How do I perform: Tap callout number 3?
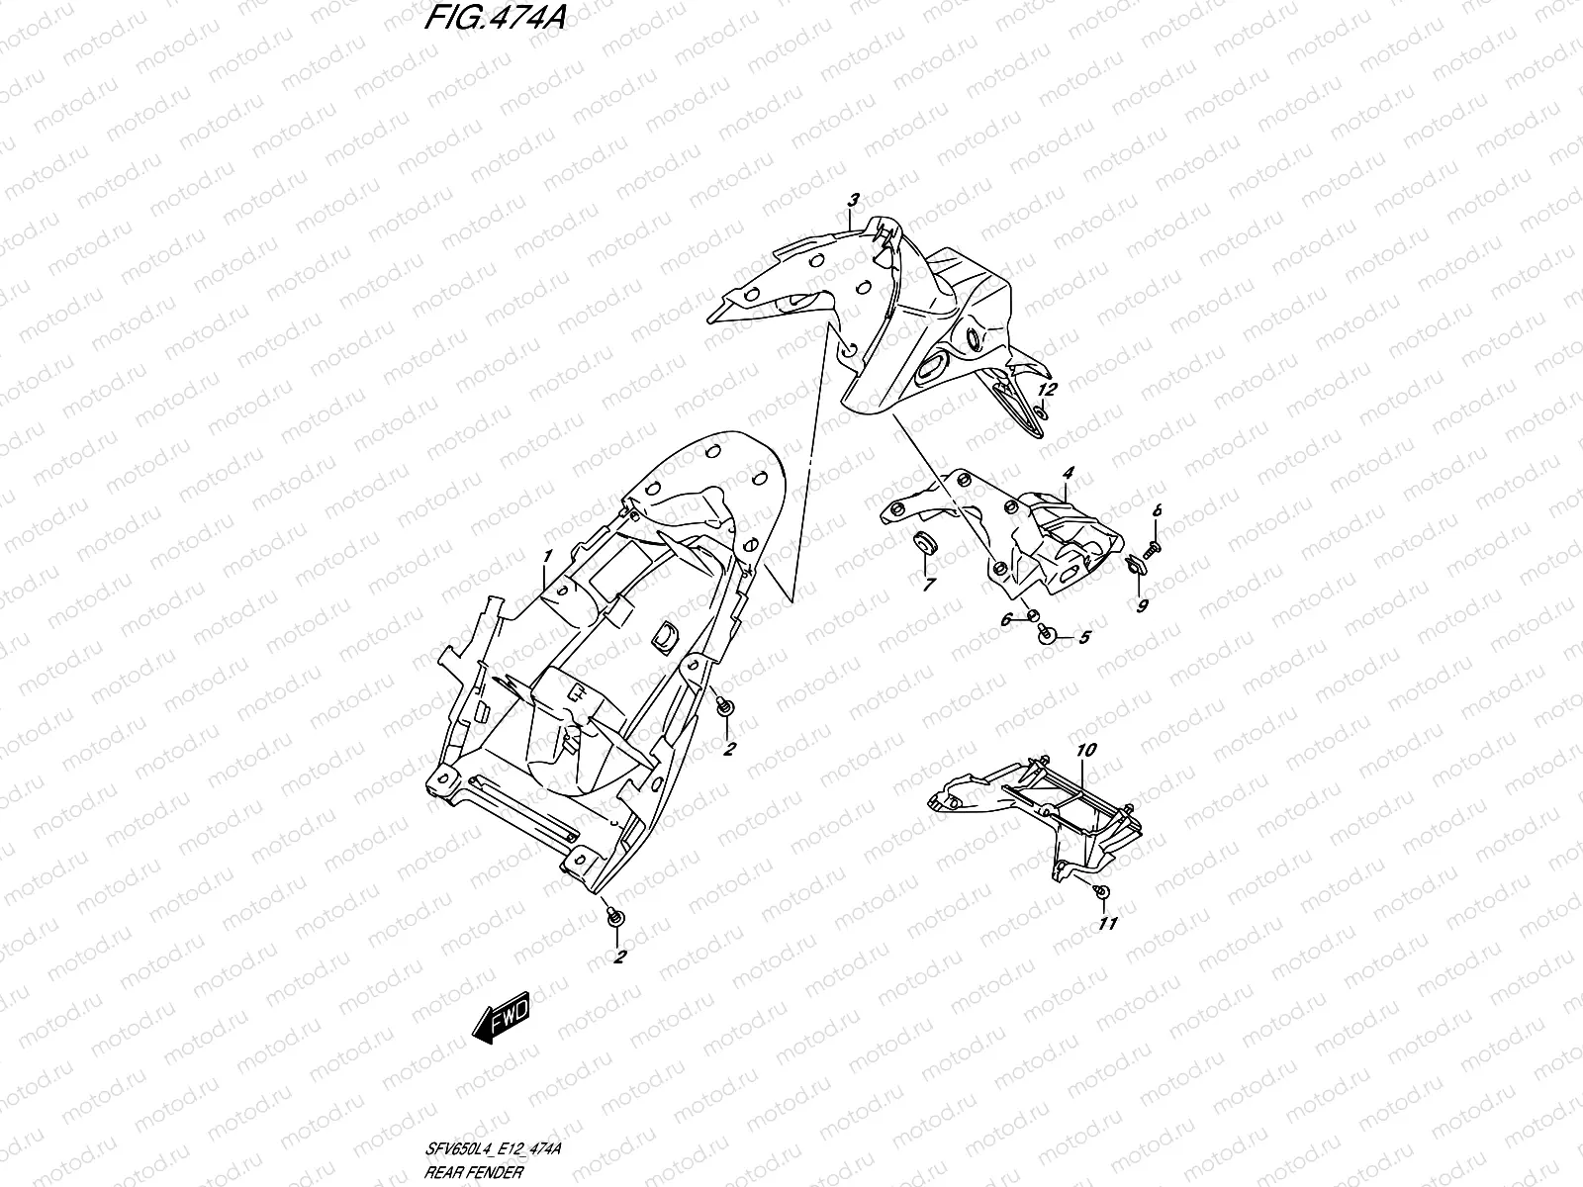(853, 200)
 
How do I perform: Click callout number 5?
(1083, 638)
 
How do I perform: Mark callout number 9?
(1142, 606)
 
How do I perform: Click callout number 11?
(1108, 924)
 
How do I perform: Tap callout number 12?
(1048, 389)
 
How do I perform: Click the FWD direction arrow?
(502, 1016)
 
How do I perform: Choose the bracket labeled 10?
(1039, 811)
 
